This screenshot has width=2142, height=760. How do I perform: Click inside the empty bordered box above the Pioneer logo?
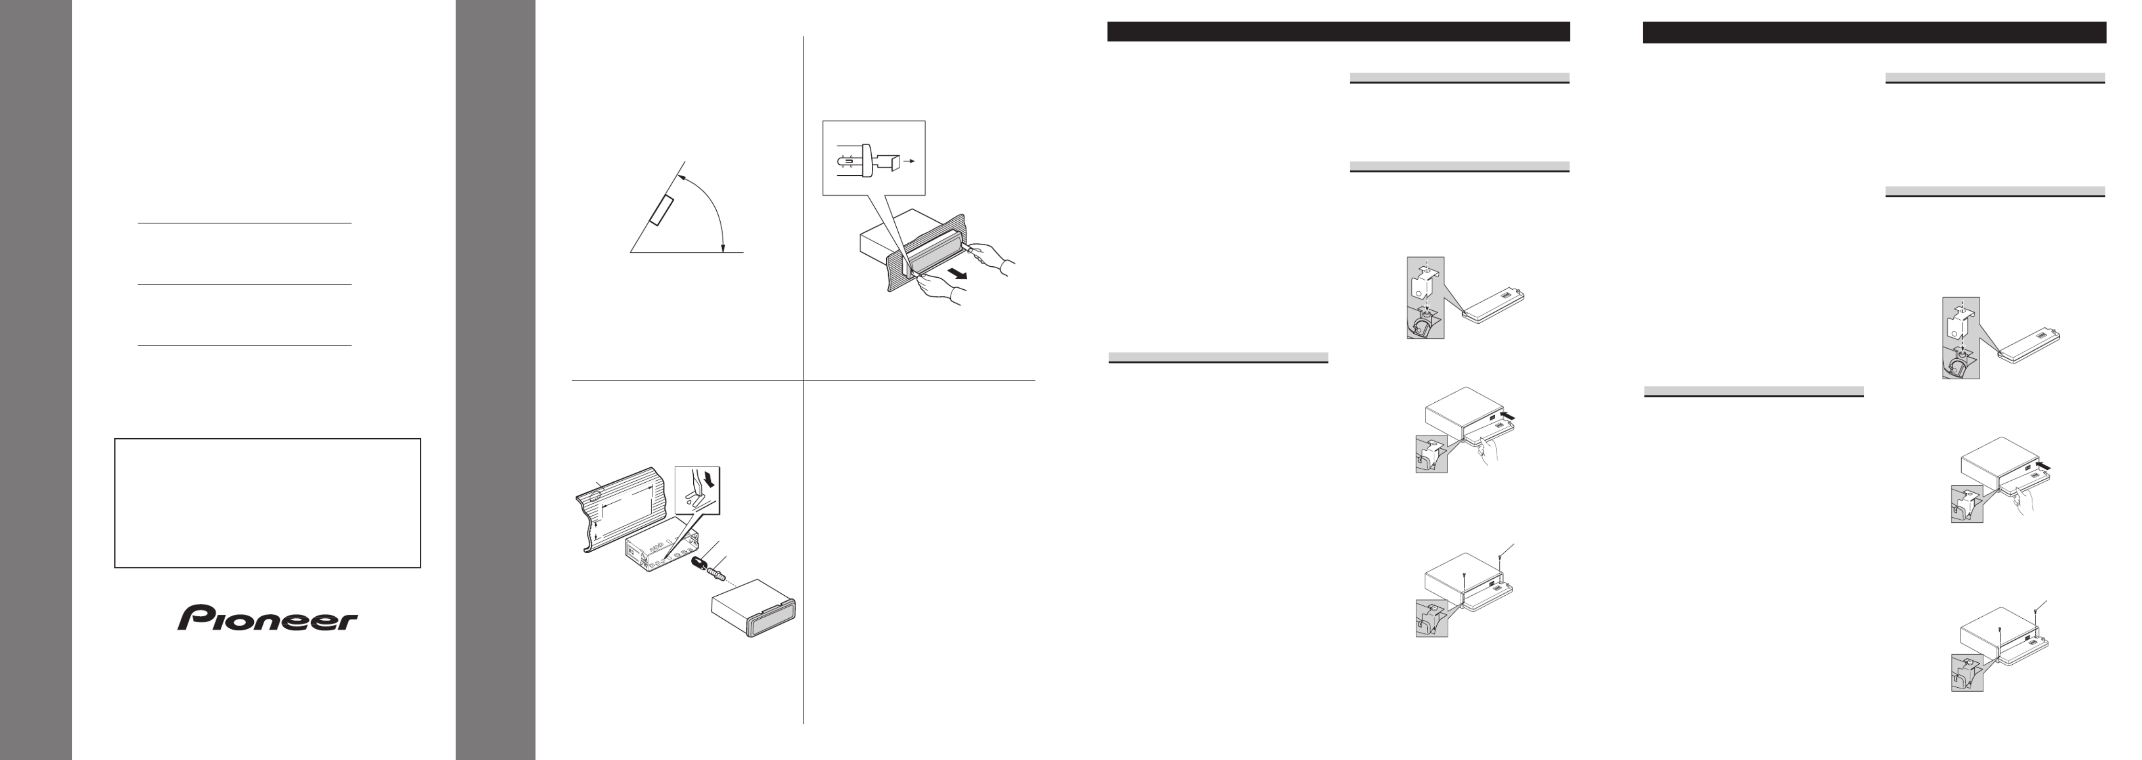coord(267,503)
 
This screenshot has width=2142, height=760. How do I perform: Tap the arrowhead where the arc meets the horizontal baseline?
coord(723,245)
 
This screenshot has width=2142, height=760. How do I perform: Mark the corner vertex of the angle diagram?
coord(630,251)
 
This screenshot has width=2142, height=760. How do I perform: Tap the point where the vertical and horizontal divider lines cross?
coord(803,381)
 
